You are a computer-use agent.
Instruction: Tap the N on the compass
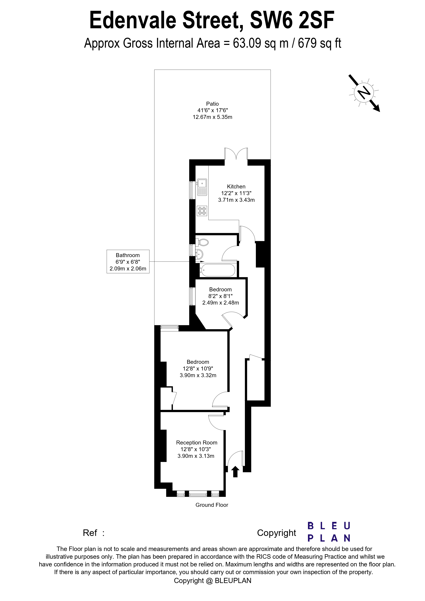(364, 92)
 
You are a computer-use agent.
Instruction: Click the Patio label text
(212, 104)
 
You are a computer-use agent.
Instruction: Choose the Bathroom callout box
(128, 262)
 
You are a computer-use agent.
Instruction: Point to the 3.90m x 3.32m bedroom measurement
(198, 375)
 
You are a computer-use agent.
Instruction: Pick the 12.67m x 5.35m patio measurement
(212, 117)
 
